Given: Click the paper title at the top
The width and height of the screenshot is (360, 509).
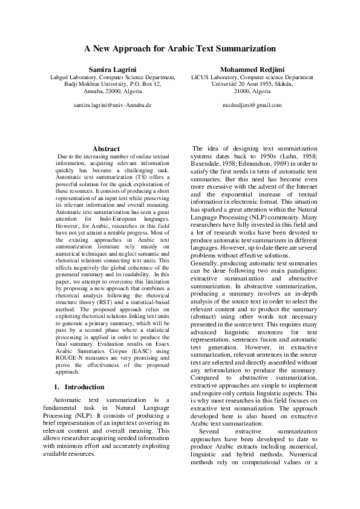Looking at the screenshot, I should [180, 48].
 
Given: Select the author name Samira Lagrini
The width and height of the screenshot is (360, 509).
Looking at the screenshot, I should [113, 70].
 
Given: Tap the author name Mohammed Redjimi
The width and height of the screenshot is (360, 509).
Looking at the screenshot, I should [252, 70].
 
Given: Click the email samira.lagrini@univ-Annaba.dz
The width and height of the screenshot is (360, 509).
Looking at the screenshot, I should [113, 105].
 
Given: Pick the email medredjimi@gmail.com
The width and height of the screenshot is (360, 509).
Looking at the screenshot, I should [252, 105].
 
